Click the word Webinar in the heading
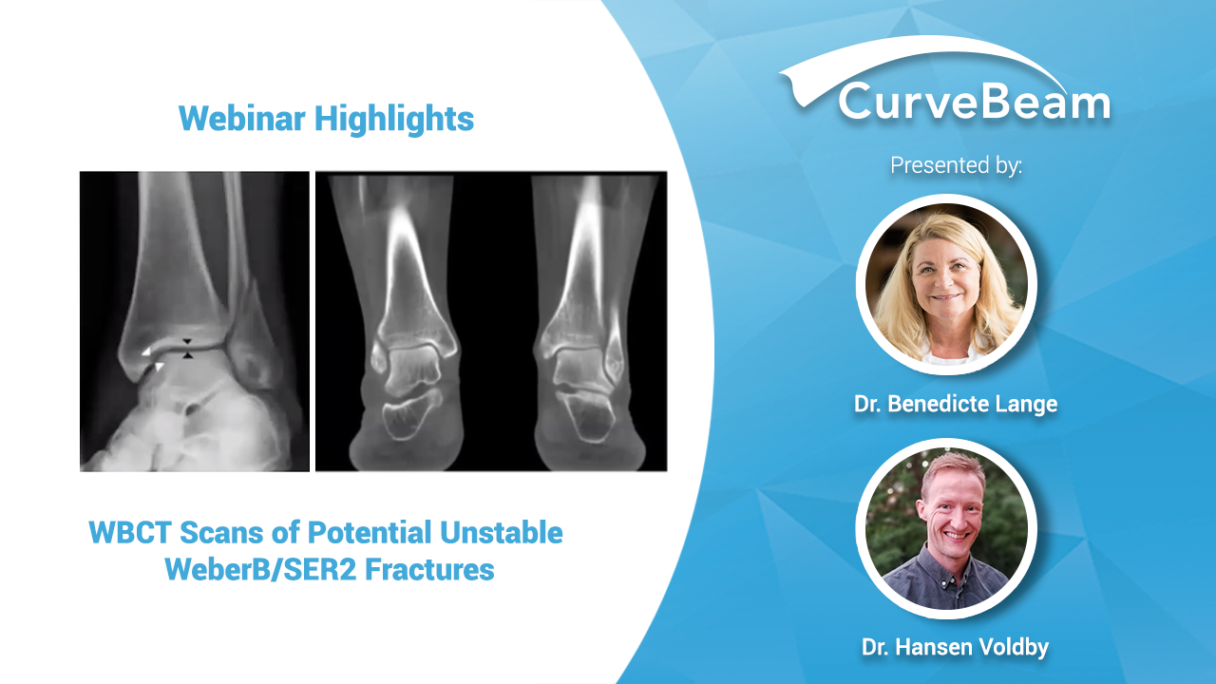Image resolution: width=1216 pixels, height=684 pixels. (x=241, y=118)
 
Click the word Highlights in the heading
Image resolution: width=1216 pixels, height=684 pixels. (x=394, y=119)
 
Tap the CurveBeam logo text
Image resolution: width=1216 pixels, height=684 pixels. (x=975, y=101)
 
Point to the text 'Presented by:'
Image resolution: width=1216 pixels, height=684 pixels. (x=956, y=165)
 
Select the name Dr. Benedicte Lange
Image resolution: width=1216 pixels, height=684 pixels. (x=956, y=404)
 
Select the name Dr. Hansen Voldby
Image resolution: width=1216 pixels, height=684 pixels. (x=956, y=647)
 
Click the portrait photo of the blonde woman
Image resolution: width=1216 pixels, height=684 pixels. (x=946, y=284)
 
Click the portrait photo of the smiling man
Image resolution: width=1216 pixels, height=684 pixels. (x=946, y=528)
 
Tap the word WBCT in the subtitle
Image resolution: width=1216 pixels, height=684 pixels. (x=130, y=532)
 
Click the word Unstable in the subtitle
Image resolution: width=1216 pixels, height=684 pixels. (x=501, y=532)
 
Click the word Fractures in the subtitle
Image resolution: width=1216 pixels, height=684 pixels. (x=429, y=569)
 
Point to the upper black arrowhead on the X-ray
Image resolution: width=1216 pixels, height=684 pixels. (x=187, y=342)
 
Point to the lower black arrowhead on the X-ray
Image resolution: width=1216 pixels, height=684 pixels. (x=187, y=355)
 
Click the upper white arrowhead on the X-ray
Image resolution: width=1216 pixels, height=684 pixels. (x=146, y=351)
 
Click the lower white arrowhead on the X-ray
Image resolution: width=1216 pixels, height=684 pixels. (x=159, y=367)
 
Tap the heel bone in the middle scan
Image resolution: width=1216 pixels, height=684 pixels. (x=411, y=416)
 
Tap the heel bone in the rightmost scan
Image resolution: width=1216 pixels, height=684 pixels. (x=585, y=415)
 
